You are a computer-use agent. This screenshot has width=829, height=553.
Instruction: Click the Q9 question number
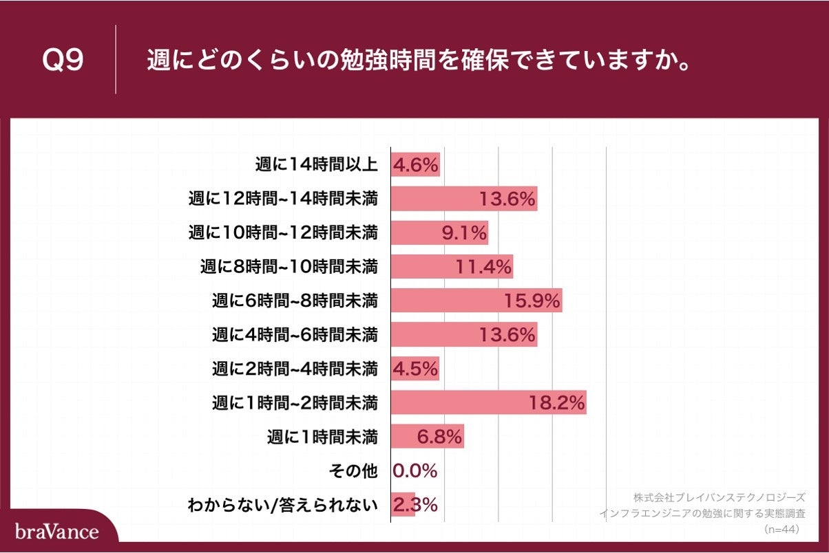(x=63, y=61)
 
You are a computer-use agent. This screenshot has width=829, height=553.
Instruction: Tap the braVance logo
(x=57, y=532)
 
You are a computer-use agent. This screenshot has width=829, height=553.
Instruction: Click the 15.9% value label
(x=533, y=301)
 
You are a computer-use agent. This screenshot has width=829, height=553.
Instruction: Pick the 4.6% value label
(x=415, y=166)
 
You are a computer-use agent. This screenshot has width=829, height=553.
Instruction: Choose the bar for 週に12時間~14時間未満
(x=463, y=199)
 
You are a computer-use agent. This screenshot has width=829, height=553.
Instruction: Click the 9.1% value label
(x=464, y=233)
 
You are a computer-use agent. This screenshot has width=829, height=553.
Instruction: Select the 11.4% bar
(x=452, y=267)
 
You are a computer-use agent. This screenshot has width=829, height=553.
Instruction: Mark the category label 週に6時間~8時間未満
(x=295, y=301)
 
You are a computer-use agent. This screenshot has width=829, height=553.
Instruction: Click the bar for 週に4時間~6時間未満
(x=463, y=335)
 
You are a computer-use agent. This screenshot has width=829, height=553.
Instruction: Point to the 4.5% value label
(x=415, y=369)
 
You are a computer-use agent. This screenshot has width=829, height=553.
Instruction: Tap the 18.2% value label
(x=557, y=402)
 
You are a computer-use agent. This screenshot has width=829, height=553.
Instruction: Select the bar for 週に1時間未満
(x=427, y=436)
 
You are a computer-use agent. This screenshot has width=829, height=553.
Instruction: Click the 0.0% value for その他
(x=415, y=470)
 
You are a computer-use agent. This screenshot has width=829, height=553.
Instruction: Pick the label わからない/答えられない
(x=283, y=505)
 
